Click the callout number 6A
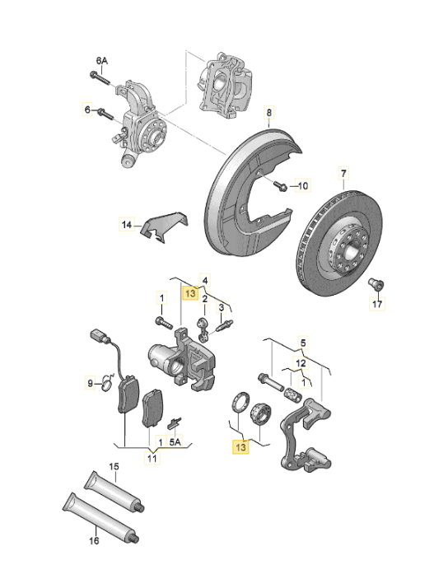tap(101, 61)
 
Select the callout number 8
tap(267, 111)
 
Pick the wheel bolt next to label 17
tap(376, 285)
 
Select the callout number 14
tap(126, 223)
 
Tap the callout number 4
tap(205, 280)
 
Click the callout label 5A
tap(175, 441)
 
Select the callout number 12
tap(301, 362)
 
